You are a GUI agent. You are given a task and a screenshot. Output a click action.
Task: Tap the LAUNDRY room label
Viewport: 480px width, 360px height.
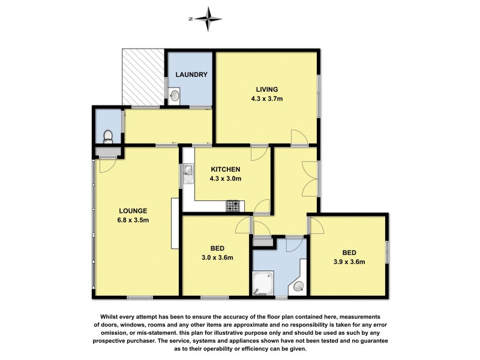pos(191,75)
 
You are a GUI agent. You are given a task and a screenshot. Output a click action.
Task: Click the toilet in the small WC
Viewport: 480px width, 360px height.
pos(107,136)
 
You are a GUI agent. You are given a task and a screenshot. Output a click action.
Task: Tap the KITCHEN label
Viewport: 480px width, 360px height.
pos(225,169)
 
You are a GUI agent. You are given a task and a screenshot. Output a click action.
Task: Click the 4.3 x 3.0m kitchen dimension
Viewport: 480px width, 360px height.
pos(225,178)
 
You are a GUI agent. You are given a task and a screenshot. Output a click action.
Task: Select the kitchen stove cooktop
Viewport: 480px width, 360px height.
pos(233,206)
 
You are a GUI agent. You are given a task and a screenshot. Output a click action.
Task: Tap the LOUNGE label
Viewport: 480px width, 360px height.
pos(133,211)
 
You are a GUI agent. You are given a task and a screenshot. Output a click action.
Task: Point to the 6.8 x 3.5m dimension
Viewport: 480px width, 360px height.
pos(133,220)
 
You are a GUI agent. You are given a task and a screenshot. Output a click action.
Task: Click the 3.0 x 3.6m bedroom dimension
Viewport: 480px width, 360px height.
pos(217,258)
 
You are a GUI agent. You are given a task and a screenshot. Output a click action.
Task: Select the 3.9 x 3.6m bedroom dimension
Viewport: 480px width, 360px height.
pos(349,261)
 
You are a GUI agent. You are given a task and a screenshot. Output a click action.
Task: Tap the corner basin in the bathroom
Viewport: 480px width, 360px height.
pos(298,287)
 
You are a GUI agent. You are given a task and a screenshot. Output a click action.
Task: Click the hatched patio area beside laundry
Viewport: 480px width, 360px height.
pos(143,77)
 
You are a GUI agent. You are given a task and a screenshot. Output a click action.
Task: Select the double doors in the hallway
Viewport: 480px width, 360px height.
pos(312,178)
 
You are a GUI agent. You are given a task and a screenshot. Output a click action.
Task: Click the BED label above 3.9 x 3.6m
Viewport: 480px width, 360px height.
pos(349,252)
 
